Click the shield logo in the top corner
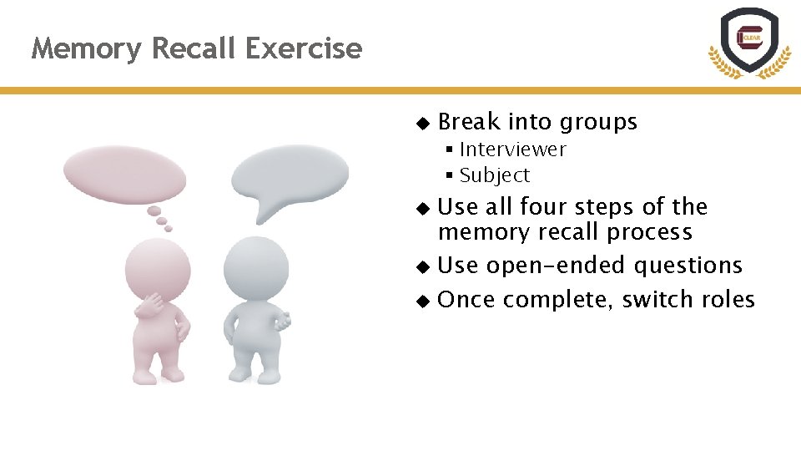click(748, 41)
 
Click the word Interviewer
click(512, 149)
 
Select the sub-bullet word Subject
click(494, 175)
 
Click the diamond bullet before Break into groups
click(422, 123)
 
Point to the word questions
click(688, 266)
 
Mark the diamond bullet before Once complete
click(422, 300)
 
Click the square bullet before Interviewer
click(449, 149)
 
